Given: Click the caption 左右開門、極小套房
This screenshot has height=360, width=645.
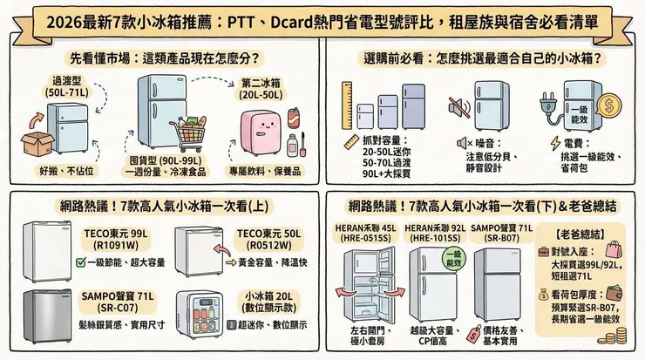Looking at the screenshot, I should pos(377,336).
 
